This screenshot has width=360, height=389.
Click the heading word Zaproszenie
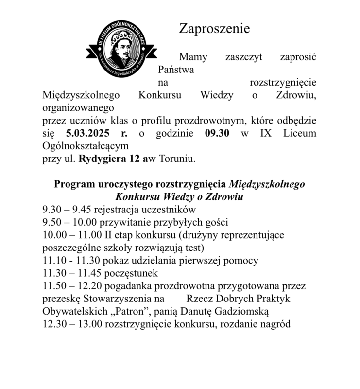214,28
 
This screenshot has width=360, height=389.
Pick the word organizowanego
78,107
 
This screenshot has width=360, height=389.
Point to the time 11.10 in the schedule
53,260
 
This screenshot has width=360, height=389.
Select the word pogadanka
121,285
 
